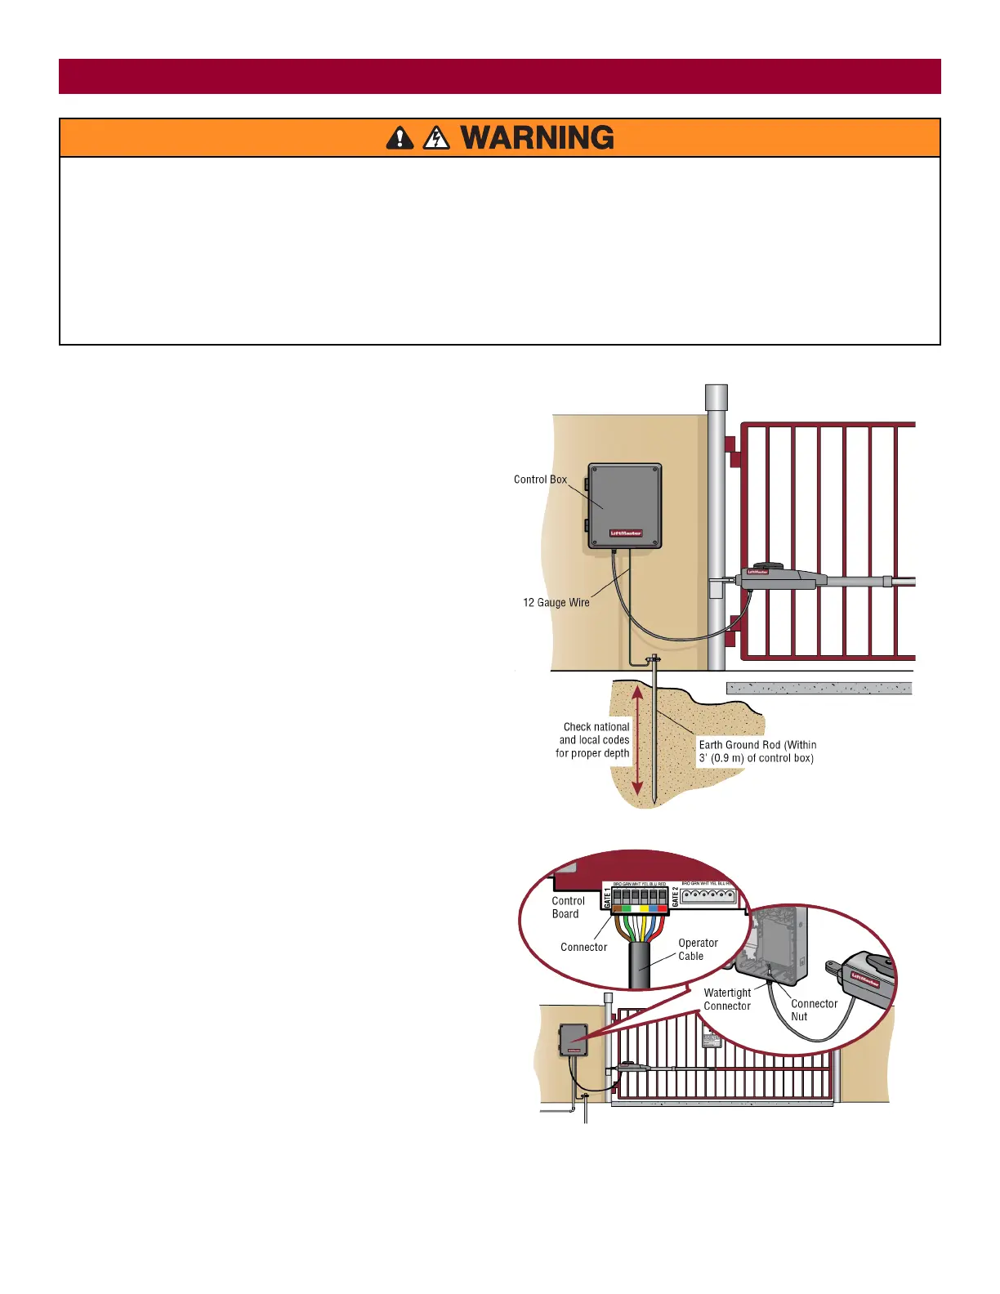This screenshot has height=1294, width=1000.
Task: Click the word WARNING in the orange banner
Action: [x=537, y=138]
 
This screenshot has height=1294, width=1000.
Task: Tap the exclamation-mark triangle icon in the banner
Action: [x=400, y=138]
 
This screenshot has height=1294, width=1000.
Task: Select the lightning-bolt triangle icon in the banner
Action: [x=436, y=138]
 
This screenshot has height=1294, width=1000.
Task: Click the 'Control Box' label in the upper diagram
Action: [x=540, y=480]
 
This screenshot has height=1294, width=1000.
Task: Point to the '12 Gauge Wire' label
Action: [x=556, y=603]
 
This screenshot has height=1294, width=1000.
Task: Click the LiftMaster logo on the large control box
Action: [x=626, y=533]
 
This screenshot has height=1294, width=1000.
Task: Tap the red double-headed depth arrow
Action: [x=638, y=740]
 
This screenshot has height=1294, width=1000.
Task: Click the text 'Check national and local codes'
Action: [x=594, y=734]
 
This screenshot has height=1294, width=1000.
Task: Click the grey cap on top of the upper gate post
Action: [x=716, y=397]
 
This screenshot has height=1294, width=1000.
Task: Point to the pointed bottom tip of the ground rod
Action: [x=654, y=801]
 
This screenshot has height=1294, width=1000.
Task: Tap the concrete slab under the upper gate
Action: [x=819, y=689]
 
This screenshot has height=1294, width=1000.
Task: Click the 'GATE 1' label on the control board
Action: [x=607, y=899]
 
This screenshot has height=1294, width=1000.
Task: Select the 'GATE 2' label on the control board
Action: [x=675, y=898]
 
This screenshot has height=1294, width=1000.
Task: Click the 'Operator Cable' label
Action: [x=698, y=949]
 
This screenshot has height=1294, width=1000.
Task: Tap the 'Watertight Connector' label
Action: [x=727, y=999]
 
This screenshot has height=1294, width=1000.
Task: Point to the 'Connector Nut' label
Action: [x=814, y=1010]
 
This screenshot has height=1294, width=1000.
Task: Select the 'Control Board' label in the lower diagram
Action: [x=568, y=908]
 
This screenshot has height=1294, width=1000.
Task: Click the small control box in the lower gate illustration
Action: [x=573, y=1040]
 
